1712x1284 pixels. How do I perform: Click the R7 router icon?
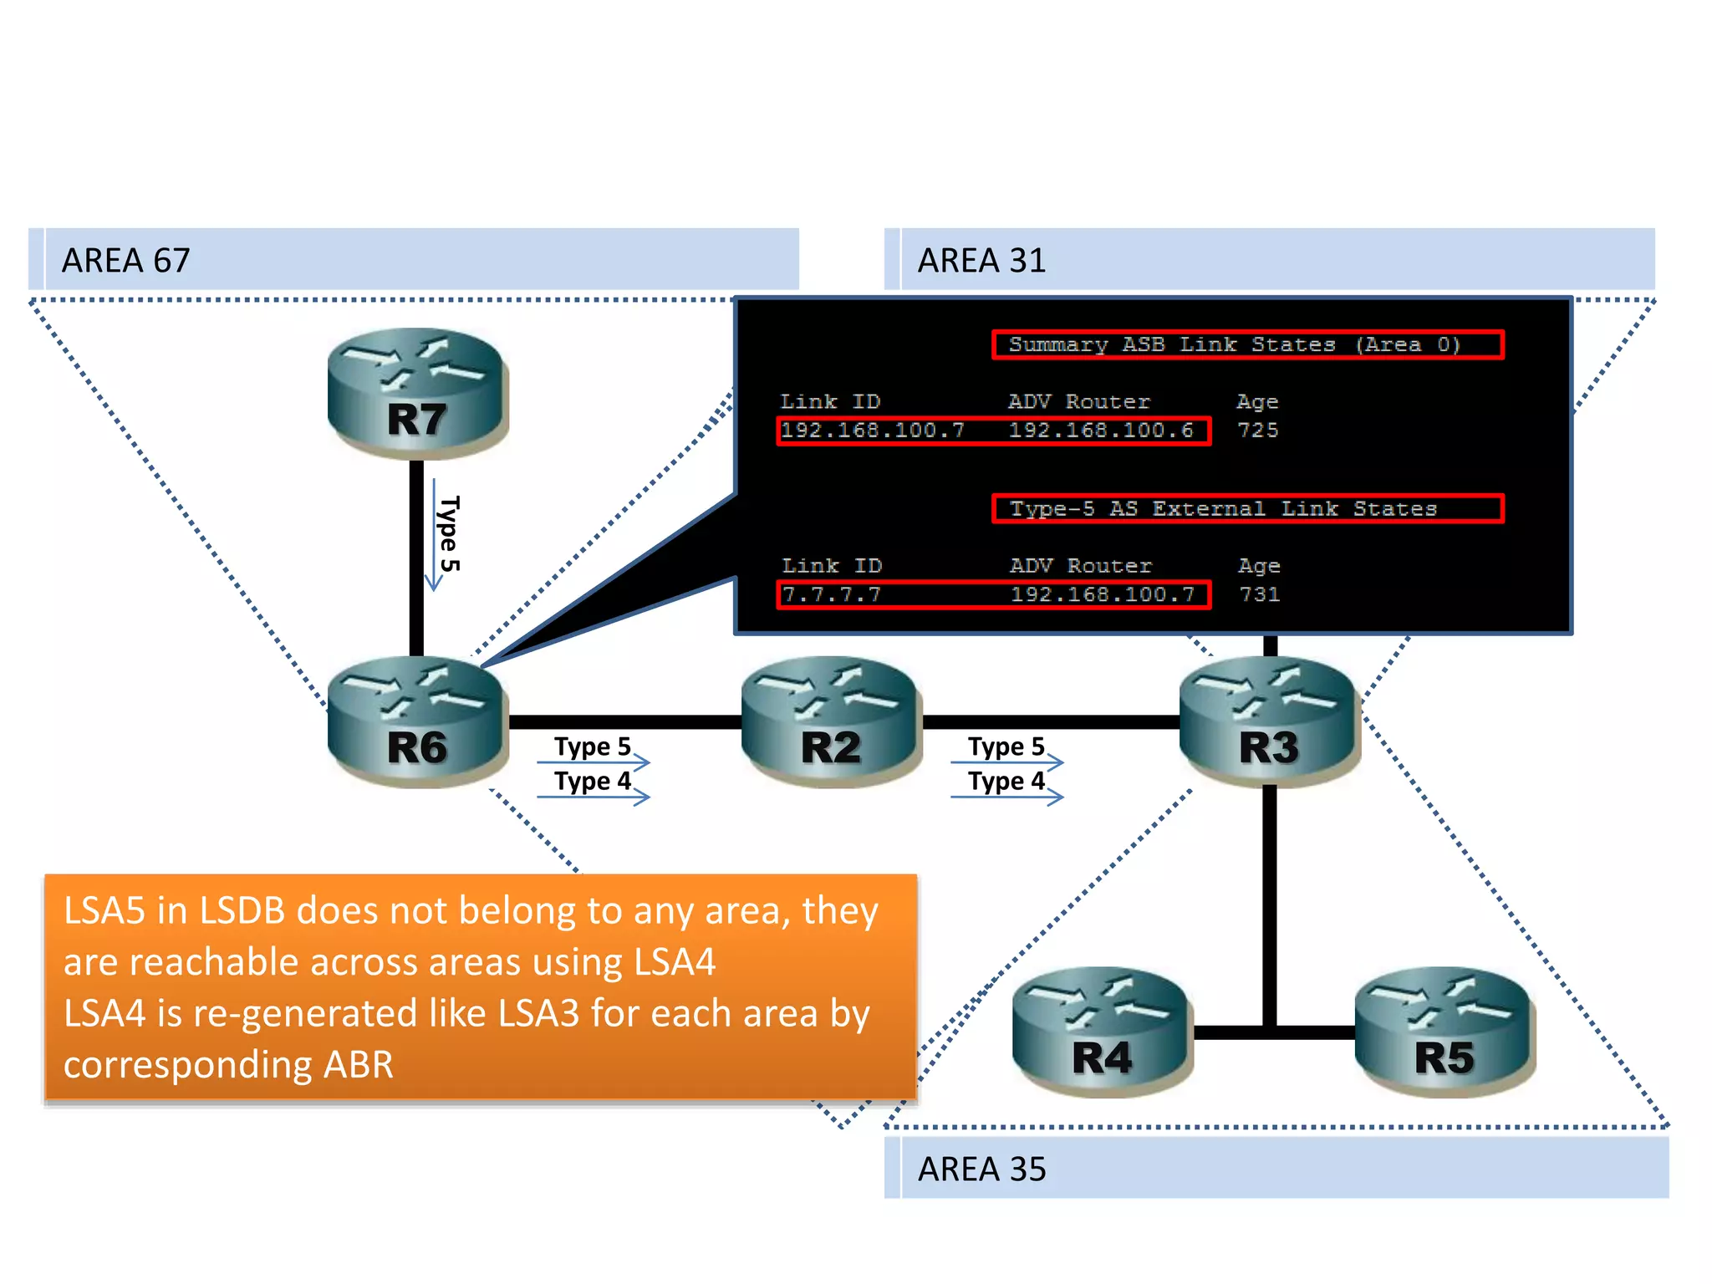point(417,393)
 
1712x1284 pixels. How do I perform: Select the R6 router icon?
point(417,721)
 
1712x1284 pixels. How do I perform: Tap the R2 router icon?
point(831,721)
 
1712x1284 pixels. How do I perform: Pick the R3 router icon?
point(1269,721)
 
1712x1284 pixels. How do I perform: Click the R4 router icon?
point(1102,1032)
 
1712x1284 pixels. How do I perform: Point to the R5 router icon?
point(1444,1032)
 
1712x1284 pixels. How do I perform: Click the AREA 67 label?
point(126,261)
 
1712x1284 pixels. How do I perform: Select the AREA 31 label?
point(981,261)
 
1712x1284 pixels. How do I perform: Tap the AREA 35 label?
point(981,1169)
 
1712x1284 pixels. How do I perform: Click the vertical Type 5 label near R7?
point(450,533)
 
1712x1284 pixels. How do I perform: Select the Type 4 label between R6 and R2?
point(592,781)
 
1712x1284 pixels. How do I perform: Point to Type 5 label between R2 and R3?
point(1006,746)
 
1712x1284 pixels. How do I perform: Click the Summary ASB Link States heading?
point(1234,344)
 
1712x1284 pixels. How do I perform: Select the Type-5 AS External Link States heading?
point(1223,508)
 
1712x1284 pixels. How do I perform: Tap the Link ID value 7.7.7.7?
point(831,594)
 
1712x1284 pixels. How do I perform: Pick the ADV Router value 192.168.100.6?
point(1100,431)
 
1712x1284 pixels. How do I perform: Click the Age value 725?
point(1257,431)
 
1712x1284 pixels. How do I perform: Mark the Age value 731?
point(1259,594)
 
